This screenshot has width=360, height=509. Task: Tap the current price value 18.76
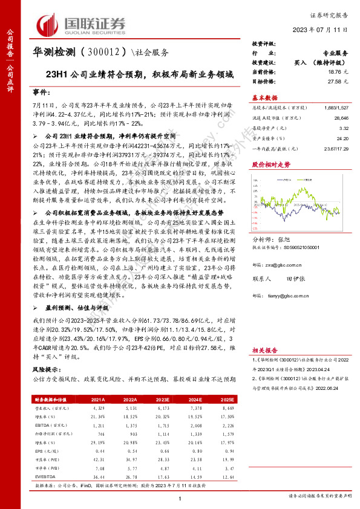[337, 71]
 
